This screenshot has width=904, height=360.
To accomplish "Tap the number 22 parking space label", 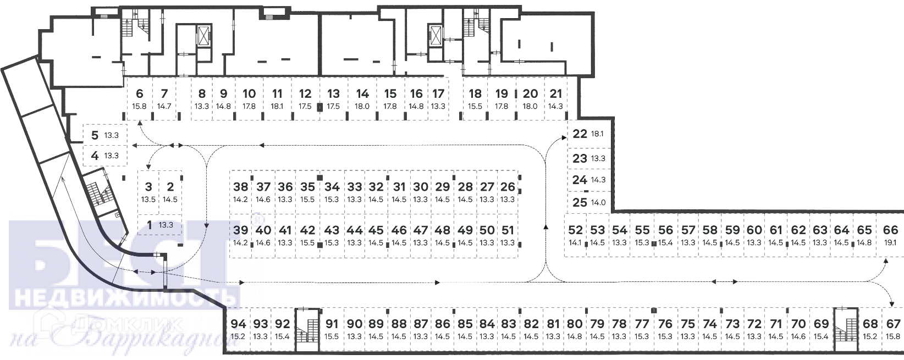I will pos(580,134).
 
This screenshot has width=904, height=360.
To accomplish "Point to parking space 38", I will pos(240,192).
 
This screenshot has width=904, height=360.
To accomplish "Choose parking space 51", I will pos(508,235).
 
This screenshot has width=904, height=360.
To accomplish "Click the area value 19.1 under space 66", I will pos(890,242).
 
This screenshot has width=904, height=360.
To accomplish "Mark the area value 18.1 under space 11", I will pos(277,107).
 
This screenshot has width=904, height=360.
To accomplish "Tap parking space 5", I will pos(104,135).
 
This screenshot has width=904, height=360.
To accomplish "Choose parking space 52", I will pos(575,235).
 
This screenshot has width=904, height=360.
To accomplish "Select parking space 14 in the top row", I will pos(362,99).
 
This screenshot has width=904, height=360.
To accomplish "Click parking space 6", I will pos(140,99).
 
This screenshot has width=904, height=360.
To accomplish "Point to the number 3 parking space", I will pos(148,192).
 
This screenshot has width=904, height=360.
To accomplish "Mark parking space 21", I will pos(556,99).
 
